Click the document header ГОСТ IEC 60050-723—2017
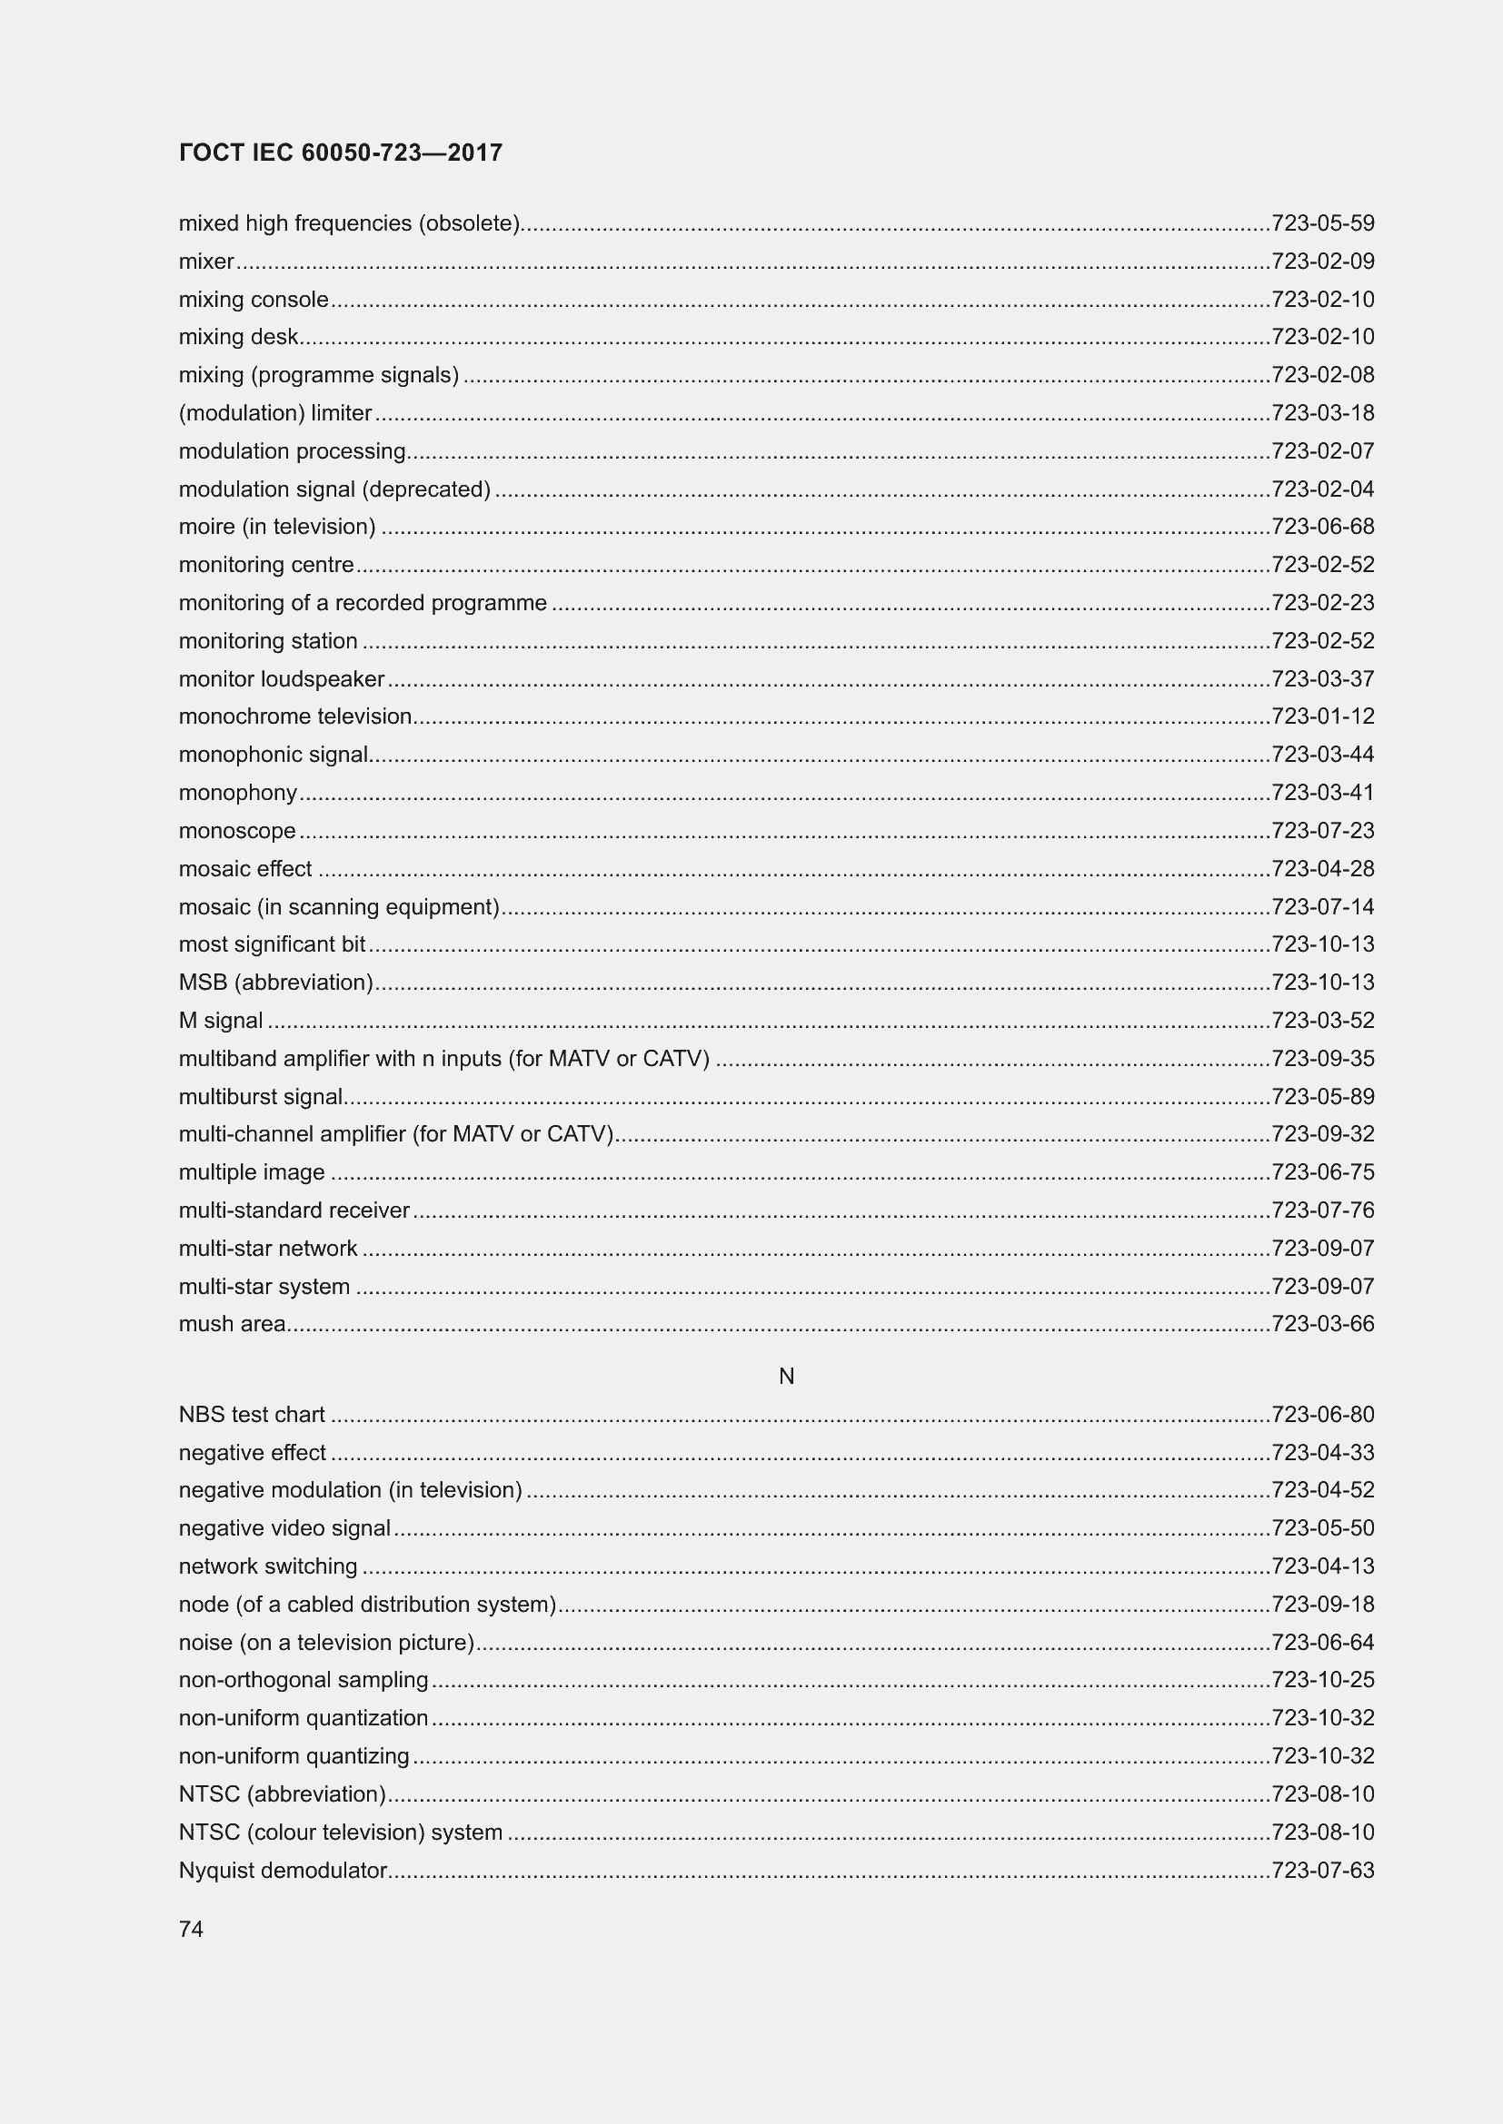tap(341, 153)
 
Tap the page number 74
tap(191, 1929)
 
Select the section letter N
tap(786, 1377)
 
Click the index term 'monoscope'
tap(237, 831)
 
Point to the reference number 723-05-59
tap(1322, 223)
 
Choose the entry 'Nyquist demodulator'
tap(283, 1870)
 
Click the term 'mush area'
tap(233, 1324)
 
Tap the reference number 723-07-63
tap(1322, 1870)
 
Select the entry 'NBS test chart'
tap(252, 1415)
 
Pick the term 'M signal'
tap(220, 1021)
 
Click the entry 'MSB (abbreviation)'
tap(276, 983)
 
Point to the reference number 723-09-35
tap(1322, 1058)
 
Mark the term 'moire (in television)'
tap(277, 527)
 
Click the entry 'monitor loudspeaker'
tap(282, 679)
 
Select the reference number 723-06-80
tap(1322, 1415)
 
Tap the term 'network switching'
tap(267, 1566)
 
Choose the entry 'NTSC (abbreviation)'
tap(283, 1793)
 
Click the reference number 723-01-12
tap(1322, 716)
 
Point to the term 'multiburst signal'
tap(260, 1096)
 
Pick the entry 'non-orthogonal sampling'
tap(304, 1679)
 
